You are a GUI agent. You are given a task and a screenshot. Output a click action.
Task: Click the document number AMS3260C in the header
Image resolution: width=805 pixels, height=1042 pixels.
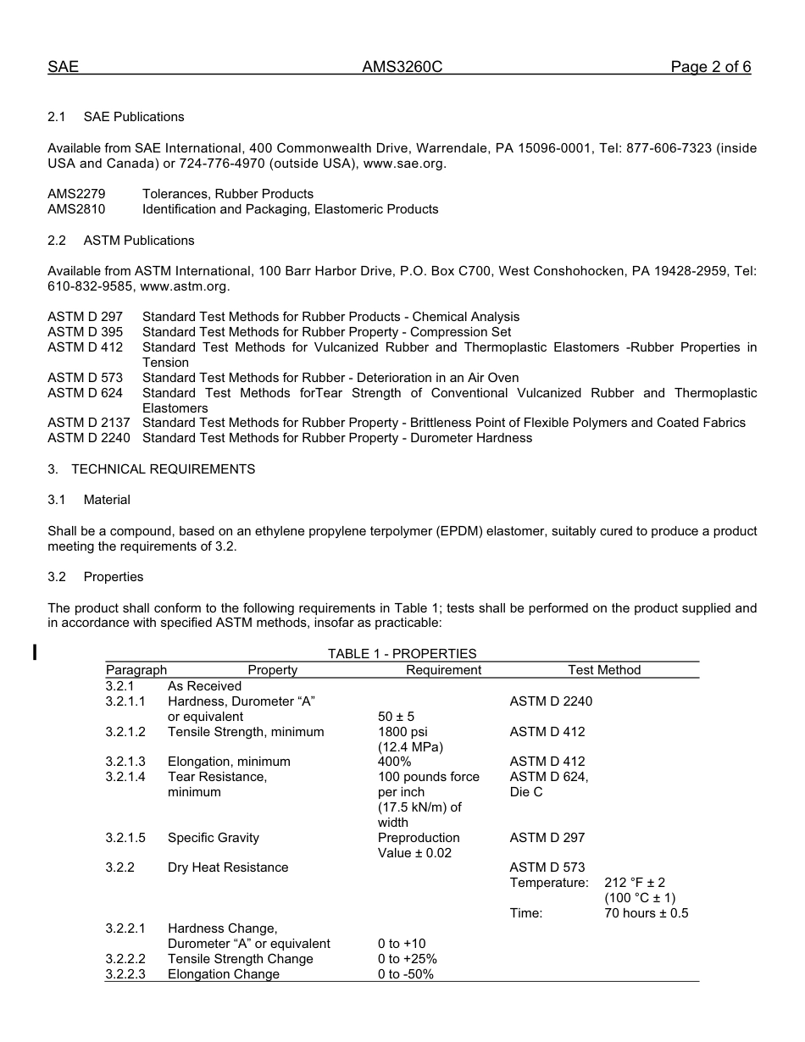pos(402,68)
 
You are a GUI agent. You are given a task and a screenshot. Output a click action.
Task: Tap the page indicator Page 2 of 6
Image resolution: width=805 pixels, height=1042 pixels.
pos(710,68)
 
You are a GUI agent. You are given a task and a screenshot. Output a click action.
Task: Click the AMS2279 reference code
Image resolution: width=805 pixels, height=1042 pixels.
pos(76,194)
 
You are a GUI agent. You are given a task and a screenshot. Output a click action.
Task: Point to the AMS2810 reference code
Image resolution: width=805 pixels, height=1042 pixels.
pos(76,209)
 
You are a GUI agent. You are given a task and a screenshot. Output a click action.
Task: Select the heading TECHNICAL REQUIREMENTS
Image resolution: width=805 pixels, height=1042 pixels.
pos(163,468)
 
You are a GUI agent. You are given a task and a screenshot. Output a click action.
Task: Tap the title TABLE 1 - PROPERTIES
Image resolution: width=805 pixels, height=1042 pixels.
pos(402,654)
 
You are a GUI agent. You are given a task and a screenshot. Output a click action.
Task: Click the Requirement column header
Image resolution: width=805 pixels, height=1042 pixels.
pos(443,670)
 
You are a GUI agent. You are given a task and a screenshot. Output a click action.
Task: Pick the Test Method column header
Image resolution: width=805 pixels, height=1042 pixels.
pos(604,670)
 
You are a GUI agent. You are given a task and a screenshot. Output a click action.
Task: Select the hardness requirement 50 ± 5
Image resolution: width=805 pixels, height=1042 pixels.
pos(396,717)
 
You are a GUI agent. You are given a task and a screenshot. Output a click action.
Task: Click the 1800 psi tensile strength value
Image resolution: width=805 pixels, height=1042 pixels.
pos(402,732)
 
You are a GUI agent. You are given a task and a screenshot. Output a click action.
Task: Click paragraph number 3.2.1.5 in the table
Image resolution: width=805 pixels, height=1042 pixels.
pos(125,838)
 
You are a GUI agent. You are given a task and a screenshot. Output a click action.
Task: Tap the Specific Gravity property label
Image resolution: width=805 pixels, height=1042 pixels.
pos(214,838)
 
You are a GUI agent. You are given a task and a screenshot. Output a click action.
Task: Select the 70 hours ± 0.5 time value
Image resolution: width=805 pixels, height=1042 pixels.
pos(646,913)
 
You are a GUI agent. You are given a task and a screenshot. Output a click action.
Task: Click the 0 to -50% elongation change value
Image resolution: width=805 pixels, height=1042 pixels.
pos(405,974)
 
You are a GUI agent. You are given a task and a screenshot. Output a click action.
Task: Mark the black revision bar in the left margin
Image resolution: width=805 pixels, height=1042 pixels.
pos(35,651)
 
